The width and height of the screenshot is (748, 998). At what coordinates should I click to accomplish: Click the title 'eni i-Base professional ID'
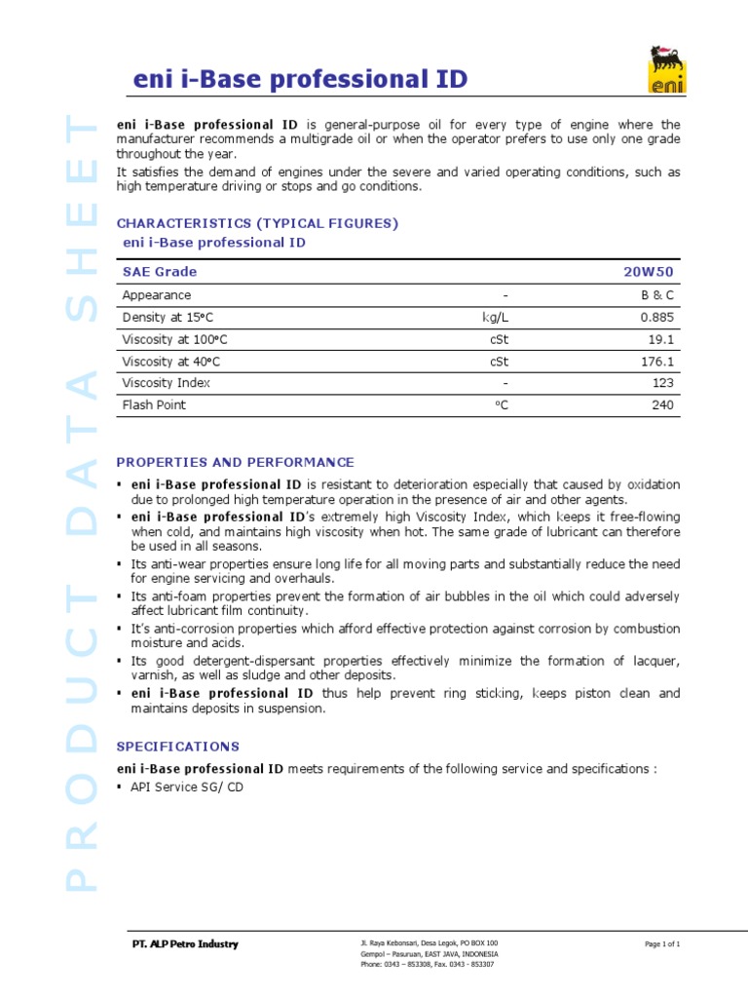[x=300, y=81]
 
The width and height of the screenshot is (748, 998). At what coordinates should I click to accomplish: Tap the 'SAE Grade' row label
[x=159, y=272]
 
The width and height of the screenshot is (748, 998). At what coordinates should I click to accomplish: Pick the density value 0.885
[x=657, y=318]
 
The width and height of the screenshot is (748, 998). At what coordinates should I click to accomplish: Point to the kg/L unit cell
[x=497, y=318]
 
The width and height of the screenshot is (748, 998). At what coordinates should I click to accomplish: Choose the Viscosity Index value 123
[x=664, y=383]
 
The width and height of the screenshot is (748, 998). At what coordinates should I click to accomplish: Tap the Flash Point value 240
[x=663, y=404]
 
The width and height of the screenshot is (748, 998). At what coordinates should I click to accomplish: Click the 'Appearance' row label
[x=157, y=295]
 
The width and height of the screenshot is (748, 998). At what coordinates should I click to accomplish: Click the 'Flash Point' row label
[x=154, y=404]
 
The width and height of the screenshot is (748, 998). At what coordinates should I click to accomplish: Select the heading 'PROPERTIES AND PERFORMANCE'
[x=236, y=462]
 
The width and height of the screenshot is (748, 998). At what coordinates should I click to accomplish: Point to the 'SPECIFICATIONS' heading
[x=177, y=747]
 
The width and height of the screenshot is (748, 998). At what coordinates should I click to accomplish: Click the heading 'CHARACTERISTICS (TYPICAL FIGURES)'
[x=257, y=223]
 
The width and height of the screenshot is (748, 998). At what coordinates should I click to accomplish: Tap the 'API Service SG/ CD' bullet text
[x=187, y=787]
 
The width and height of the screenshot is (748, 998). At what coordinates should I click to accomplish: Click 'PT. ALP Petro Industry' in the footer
[x=184, y=944]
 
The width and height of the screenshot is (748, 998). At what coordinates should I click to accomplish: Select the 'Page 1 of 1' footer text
[x=662, y=944]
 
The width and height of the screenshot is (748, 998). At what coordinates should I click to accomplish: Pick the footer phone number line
[x=427, y=964]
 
